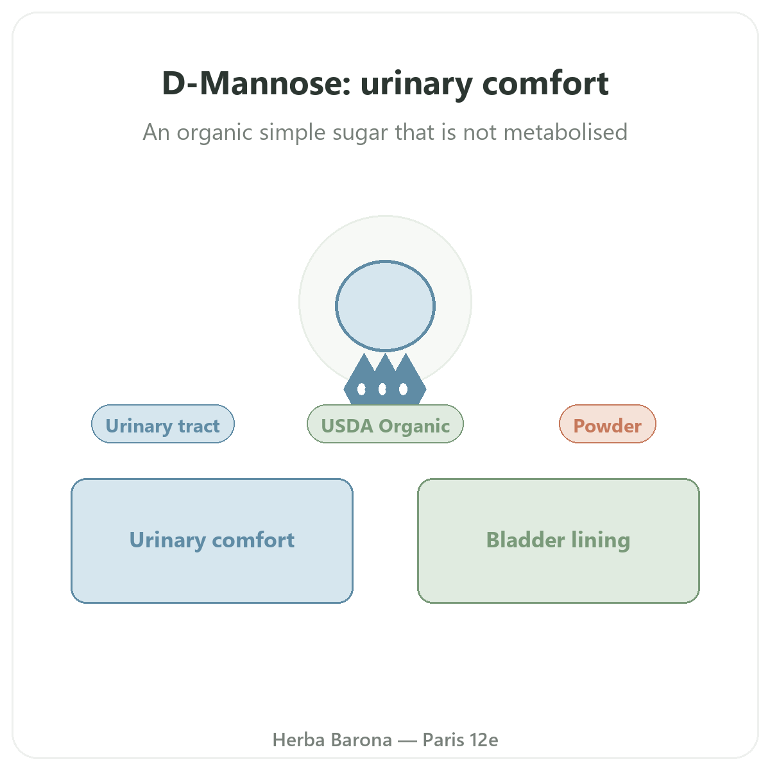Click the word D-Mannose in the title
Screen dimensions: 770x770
pos(256,83)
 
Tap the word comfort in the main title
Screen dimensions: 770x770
pos(545,83)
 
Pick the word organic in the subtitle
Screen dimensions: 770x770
pos(214,133)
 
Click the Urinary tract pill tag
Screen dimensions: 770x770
pos(162,424)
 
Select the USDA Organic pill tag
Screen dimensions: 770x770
pos(385,424)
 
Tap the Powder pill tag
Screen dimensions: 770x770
pos(608,424)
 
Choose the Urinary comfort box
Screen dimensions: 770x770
pos(212,541)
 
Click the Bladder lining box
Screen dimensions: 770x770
pos(558,541)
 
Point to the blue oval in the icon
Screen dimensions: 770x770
pos(385,305)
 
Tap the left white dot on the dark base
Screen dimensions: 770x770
pos(361,389)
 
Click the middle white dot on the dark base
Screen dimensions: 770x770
pos(382,389)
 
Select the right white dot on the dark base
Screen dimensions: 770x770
pos(403,389)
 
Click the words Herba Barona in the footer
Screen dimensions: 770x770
pos(332,740)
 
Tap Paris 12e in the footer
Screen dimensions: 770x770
pos(460,740)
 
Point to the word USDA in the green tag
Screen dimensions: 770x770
pos(347,426)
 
